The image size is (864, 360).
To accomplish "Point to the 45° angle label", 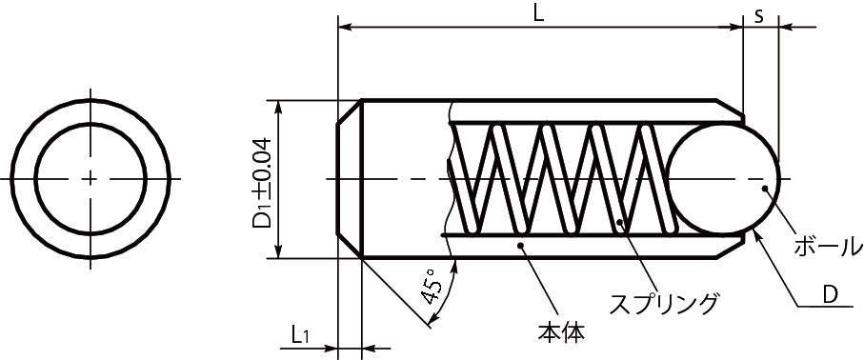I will click(x=432, y=289).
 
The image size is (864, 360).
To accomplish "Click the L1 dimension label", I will click(x=299, y=334).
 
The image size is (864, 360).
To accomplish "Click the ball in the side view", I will click(x=723, y=179).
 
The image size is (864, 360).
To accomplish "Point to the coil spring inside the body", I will click(x=557, y=179).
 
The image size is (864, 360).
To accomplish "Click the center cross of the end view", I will click(x=91, y=179).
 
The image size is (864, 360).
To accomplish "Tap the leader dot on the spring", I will click(x=620, y=224).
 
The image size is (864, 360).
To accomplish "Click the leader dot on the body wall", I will click(x=520, y=246).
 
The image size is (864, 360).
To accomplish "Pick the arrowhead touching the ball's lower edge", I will click(x=757, y=233).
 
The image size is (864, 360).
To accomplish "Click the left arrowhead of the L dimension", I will click(x=346, y=28).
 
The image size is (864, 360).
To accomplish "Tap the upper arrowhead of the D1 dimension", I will click(x=277, y=106).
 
